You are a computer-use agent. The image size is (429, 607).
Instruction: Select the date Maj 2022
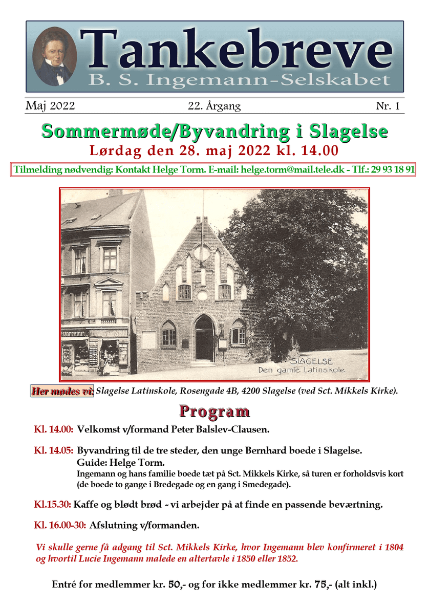point(50,106)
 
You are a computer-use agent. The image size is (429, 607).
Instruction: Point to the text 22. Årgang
point(214,106)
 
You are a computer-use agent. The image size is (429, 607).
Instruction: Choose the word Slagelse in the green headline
point(349,131)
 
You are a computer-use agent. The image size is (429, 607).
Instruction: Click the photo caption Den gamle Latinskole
point(302,370)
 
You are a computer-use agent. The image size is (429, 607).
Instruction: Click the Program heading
point(214,411)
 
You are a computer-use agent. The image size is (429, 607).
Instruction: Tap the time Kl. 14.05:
point(53,451)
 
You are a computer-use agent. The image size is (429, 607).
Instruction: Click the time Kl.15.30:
point(52,505)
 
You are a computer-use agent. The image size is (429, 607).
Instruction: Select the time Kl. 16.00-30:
point(60,525)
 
